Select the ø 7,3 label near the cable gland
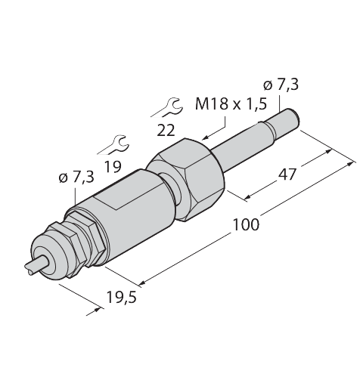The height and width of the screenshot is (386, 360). click(x=75, y=178)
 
